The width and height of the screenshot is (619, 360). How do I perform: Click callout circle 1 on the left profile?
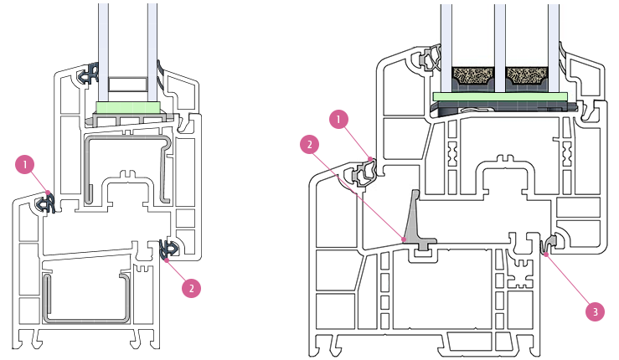[x=25, y=165]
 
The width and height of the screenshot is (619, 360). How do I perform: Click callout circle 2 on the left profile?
[x=192, y=288]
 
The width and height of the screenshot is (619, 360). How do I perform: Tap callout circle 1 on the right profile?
[x=338, y=119]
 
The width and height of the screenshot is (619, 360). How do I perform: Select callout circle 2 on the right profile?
[x=310, y=145]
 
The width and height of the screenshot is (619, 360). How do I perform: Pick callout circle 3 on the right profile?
[x=595, y=311]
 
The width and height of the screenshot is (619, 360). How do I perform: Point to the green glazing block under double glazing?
[x=128, y=107]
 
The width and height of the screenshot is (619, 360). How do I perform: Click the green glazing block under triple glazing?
[x=500, y=97]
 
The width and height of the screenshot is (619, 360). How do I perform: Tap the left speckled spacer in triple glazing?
[x=473, y=75]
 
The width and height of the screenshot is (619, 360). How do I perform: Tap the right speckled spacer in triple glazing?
[x=527, y=75]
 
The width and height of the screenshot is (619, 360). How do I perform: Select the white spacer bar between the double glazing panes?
[x=128, y=84]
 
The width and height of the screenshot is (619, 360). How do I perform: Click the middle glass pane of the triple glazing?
[x=500, y=48]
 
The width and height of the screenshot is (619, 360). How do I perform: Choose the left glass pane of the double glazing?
[x=103, y=51]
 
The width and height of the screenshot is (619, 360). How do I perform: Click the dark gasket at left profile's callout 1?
[x=45, y=203]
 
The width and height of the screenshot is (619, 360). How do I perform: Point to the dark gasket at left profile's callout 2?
[x=169, y=249]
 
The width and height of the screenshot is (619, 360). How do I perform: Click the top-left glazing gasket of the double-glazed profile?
[x=90, y=74]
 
